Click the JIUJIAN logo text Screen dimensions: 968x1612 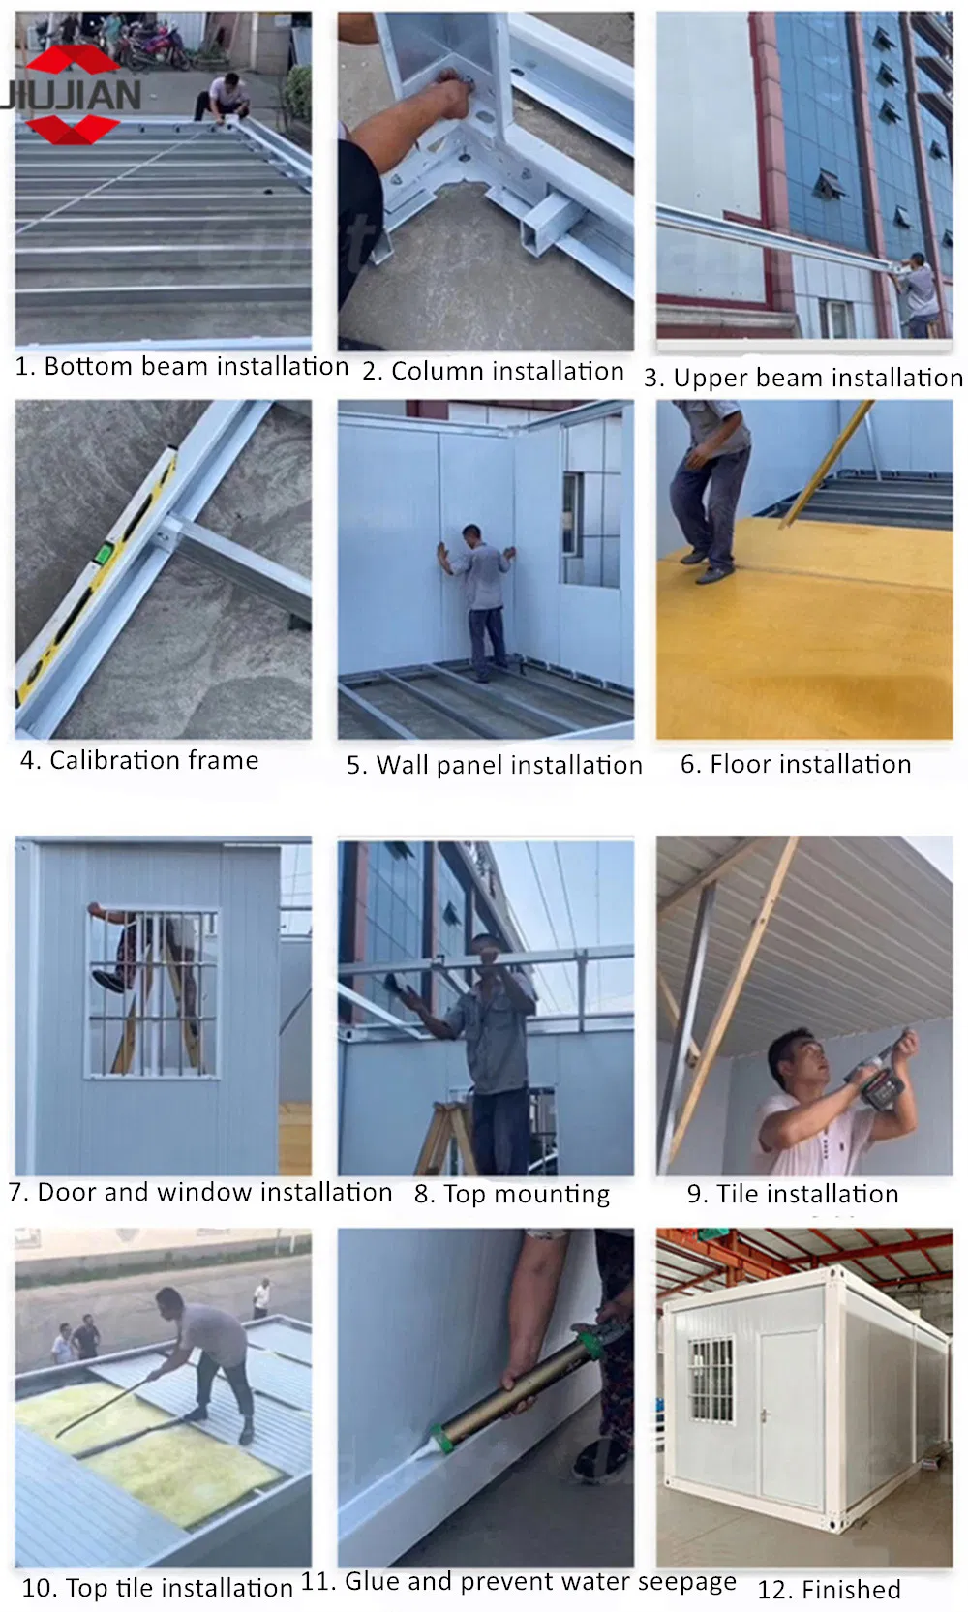click(x=71, y=94)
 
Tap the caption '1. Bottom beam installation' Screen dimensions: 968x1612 click(x=182, y=366)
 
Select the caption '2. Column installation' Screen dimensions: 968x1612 click(x=493, y=372)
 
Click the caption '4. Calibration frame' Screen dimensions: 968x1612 click(x=139, y=760)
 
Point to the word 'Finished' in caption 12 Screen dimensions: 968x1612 click(x=852, y=1589)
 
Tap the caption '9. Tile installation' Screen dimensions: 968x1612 click(x=793, y=1194)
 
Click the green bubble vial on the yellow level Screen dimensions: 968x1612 click(x=107, y=552)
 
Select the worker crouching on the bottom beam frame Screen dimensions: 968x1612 click(x=223, y=98)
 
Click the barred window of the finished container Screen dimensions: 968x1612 click(x=711, y=1381)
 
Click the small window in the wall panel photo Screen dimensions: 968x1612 click(x=572, y=514)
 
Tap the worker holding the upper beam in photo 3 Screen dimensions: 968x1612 click(x=918, y=293)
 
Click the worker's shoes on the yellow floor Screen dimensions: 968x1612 click(x=708, y=565)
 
